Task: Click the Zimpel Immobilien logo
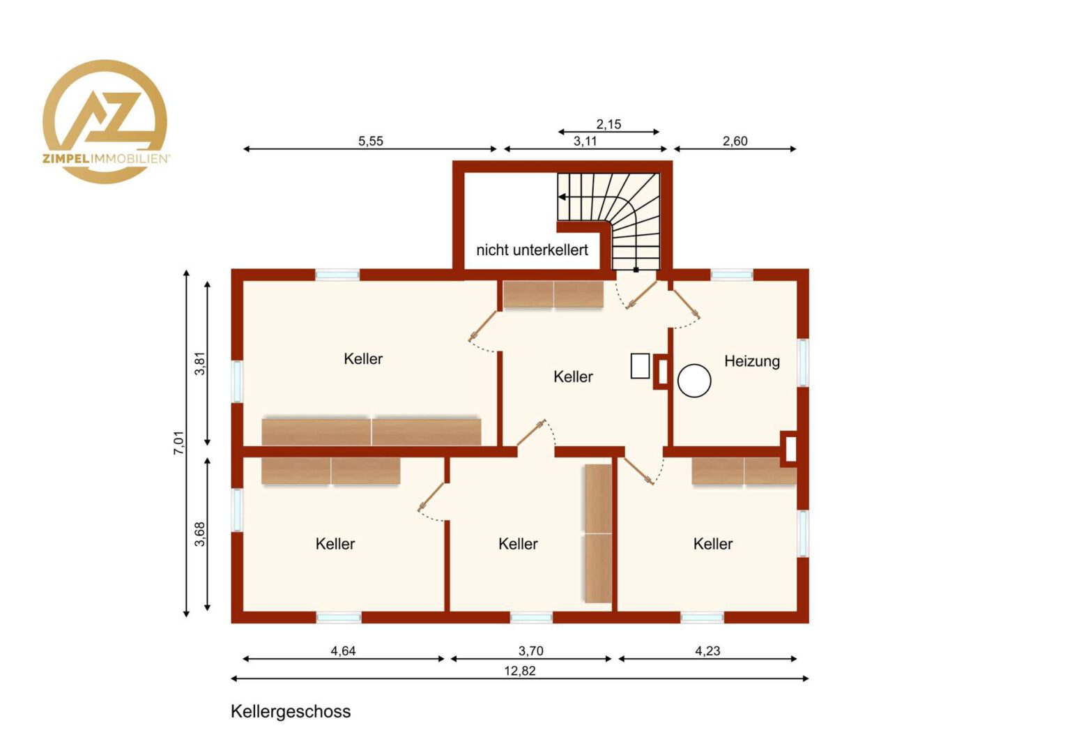pyautogui.click(x=105, y=121)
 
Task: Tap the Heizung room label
pyautogui.click(x=751, y=362)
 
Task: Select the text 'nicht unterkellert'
pyautogui.click(x=532, y=250)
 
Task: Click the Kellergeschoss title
pyautogui.click(x=291, y=712)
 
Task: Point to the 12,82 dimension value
pyautogui.click(x=520, y=671)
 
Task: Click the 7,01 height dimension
pyautogui.click(x=178, y=443)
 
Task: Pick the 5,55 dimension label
pyautogui.click(x=370, y=141)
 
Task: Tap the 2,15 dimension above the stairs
pyautogui.click(x=608, y=124)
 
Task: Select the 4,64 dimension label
pyautogui.click(x=343, y=651)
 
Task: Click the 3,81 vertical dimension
pyautogui.click(x=200, y=363)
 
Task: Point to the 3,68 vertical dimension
pyautogui.click(x=200, y=533)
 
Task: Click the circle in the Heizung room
pyautogui.click(x=694, y=380)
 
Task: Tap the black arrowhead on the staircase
pyautogui.click(x=562, y=197)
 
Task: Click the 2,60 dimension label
pyautogui.click(x=735, y=141)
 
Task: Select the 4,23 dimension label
pyautogui.click(x=707, y=651)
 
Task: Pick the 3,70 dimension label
pyautogui.click(x=530, y=651)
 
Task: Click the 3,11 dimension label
pyautogui.click(x=585, y=141)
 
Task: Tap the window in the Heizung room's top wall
pyautogui.click(x=732, y=275)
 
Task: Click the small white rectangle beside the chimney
pyautogui.click(x=640, y=366)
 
